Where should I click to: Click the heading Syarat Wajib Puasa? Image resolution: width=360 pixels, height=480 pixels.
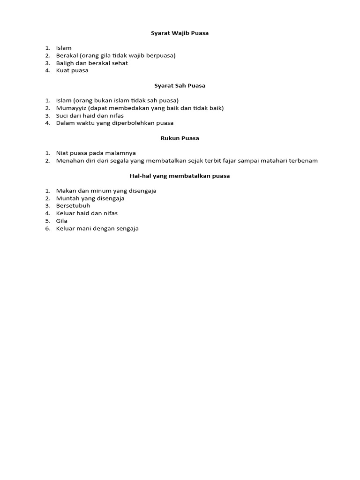coord(180,33)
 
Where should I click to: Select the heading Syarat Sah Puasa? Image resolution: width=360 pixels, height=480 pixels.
coord(180,85)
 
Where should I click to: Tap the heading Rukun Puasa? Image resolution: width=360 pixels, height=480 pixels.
coord(180,138)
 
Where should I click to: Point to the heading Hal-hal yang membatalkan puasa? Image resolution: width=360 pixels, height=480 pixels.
coord(180,176)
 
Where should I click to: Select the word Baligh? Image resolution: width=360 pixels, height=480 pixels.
coord(65,63)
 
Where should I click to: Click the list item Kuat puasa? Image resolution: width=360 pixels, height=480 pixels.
coord(72,70)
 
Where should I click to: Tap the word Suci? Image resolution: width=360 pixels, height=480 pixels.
coord(62,115)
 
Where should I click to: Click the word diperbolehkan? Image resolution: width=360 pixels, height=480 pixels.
coord(131,123)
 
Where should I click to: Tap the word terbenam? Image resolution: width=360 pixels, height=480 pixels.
coord(304,160)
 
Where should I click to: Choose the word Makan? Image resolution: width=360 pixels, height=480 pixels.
coord(65,191)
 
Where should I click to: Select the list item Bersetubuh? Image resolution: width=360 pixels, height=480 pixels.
coord(73,206)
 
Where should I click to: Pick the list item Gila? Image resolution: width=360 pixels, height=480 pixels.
coord(62,221)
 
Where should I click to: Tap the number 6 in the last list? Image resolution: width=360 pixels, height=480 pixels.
coord(47,228)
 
